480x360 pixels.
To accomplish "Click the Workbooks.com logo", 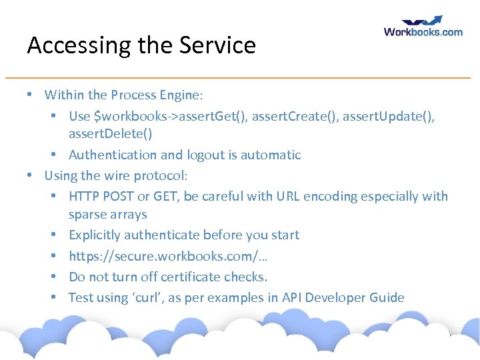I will point(423,27).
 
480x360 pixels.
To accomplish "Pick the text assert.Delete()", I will point(110,134).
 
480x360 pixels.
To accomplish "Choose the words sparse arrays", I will point(108,215).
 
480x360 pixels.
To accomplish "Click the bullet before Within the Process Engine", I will point(31,95).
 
